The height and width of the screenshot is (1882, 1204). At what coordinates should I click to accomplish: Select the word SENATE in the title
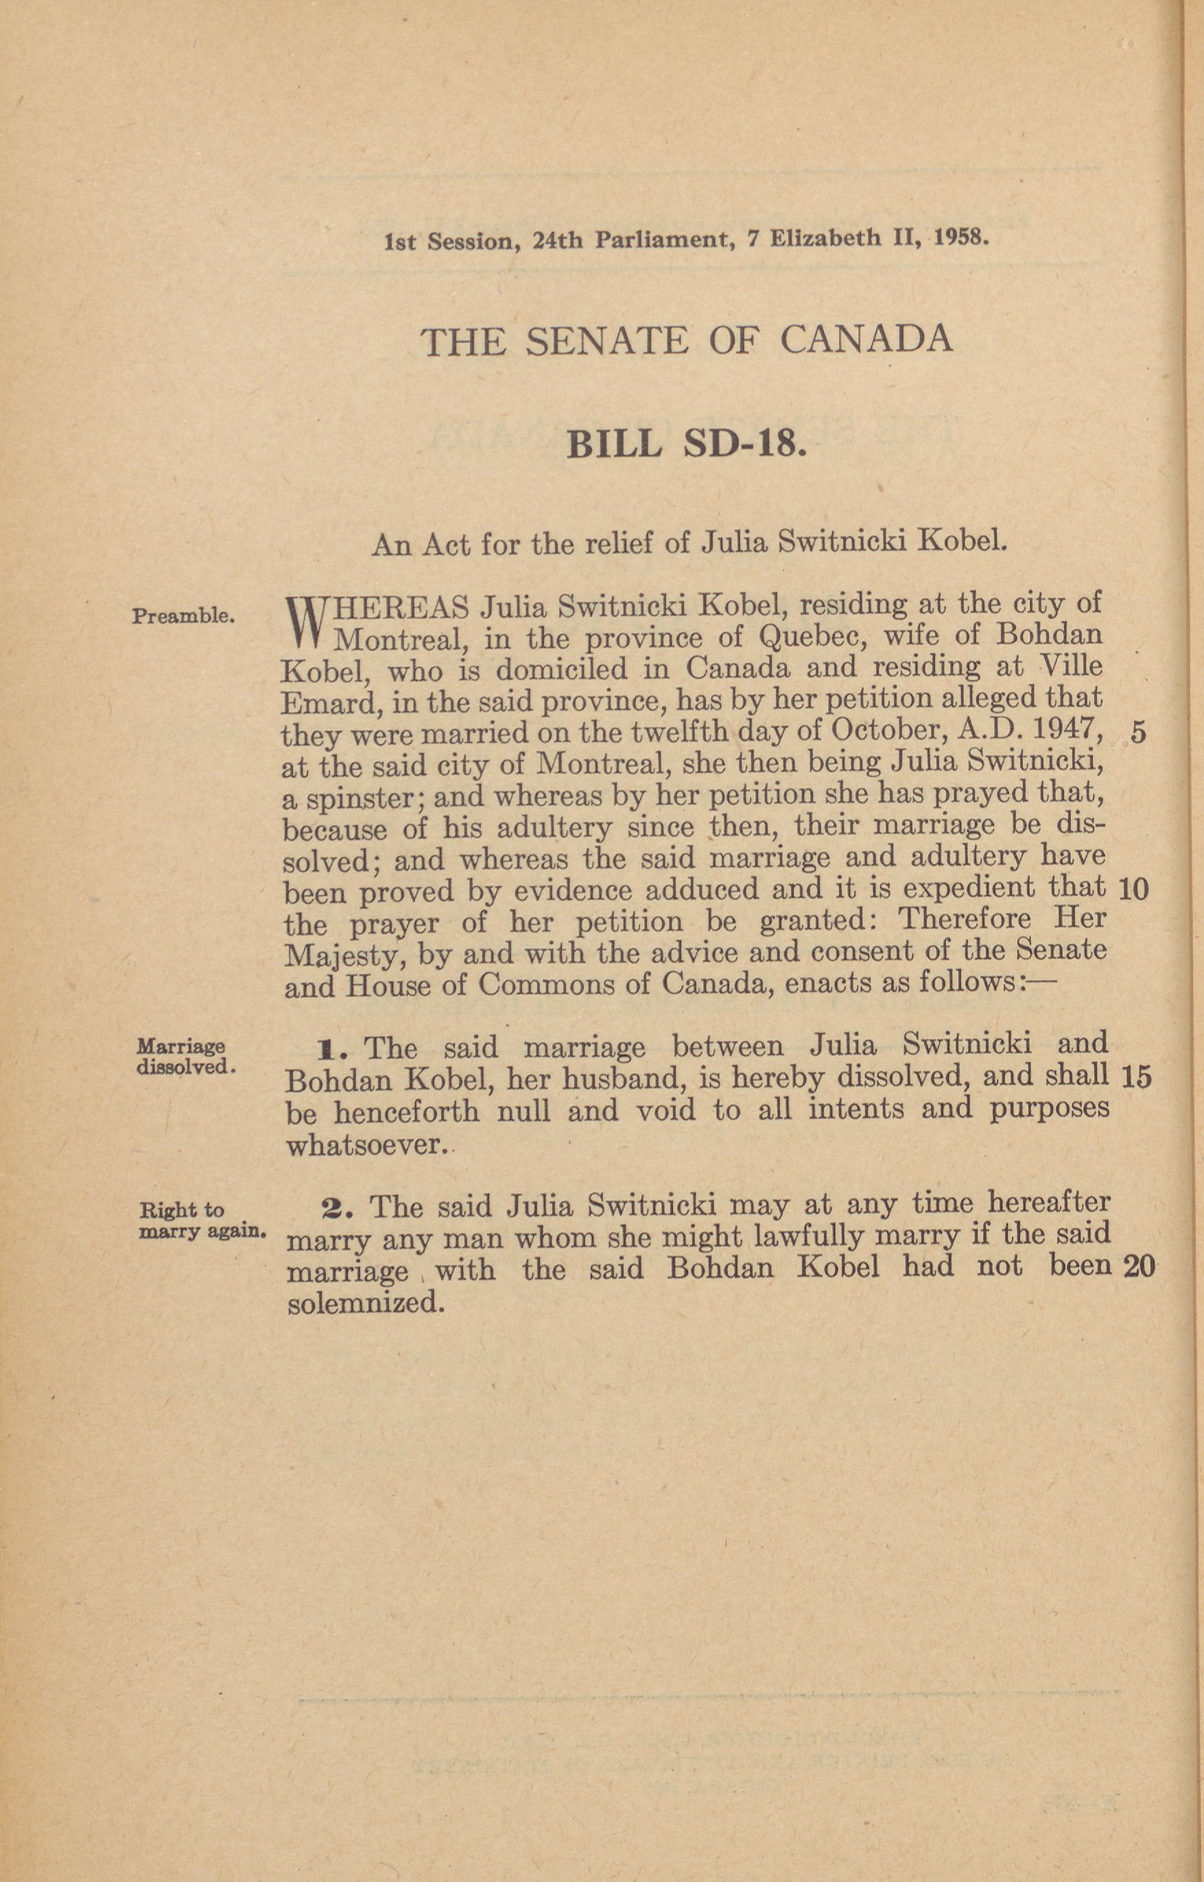tap(606, 341)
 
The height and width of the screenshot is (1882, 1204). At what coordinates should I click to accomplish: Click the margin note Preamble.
tap(183, 616)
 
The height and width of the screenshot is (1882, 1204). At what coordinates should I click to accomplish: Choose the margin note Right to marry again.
tap(202, 1221)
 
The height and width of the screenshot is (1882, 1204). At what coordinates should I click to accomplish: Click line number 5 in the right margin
tap(1138, 732)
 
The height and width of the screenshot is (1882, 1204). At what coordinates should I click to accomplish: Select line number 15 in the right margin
tap(1135, 1077)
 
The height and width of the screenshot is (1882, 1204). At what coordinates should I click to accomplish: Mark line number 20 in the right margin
tap(1138, 1267)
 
